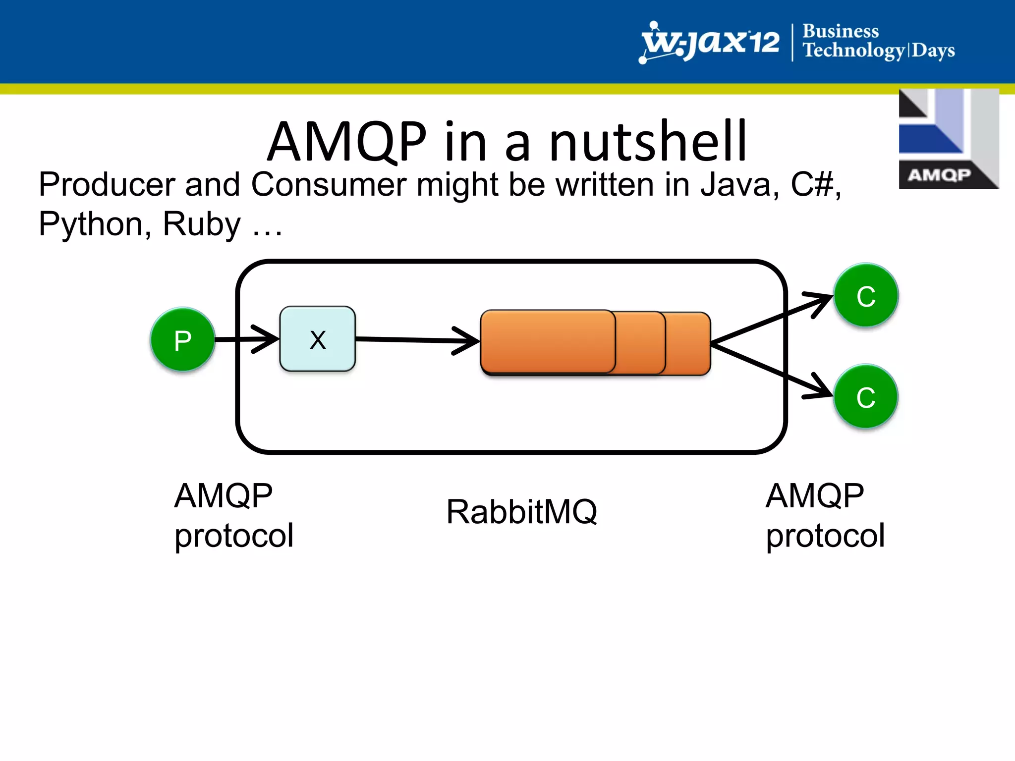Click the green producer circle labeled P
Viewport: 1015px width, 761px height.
(182, 340)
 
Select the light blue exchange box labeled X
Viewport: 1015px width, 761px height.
(317, 339)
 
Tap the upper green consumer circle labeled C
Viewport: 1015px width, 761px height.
(866, 296)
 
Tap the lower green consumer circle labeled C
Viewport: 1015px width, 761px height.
(866, 397)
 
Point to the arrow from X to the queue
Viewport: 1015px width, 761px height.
(416, 340)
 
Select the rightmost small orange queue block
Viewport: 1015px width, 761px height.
(688, 343)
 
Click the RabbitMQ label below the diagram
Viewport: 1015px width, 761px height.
(521, 512)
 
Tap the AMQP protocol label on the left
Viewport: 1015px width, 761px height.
(233, 515)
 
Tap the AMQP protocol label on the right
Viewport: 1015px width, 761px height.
(825, 515)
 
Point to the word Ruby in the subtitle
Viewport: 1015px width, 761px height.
(201, 224)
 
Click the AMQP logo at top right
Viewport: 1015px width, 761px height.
(948, 139)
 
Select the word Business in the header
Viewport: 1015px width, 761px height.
(841, 31)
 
